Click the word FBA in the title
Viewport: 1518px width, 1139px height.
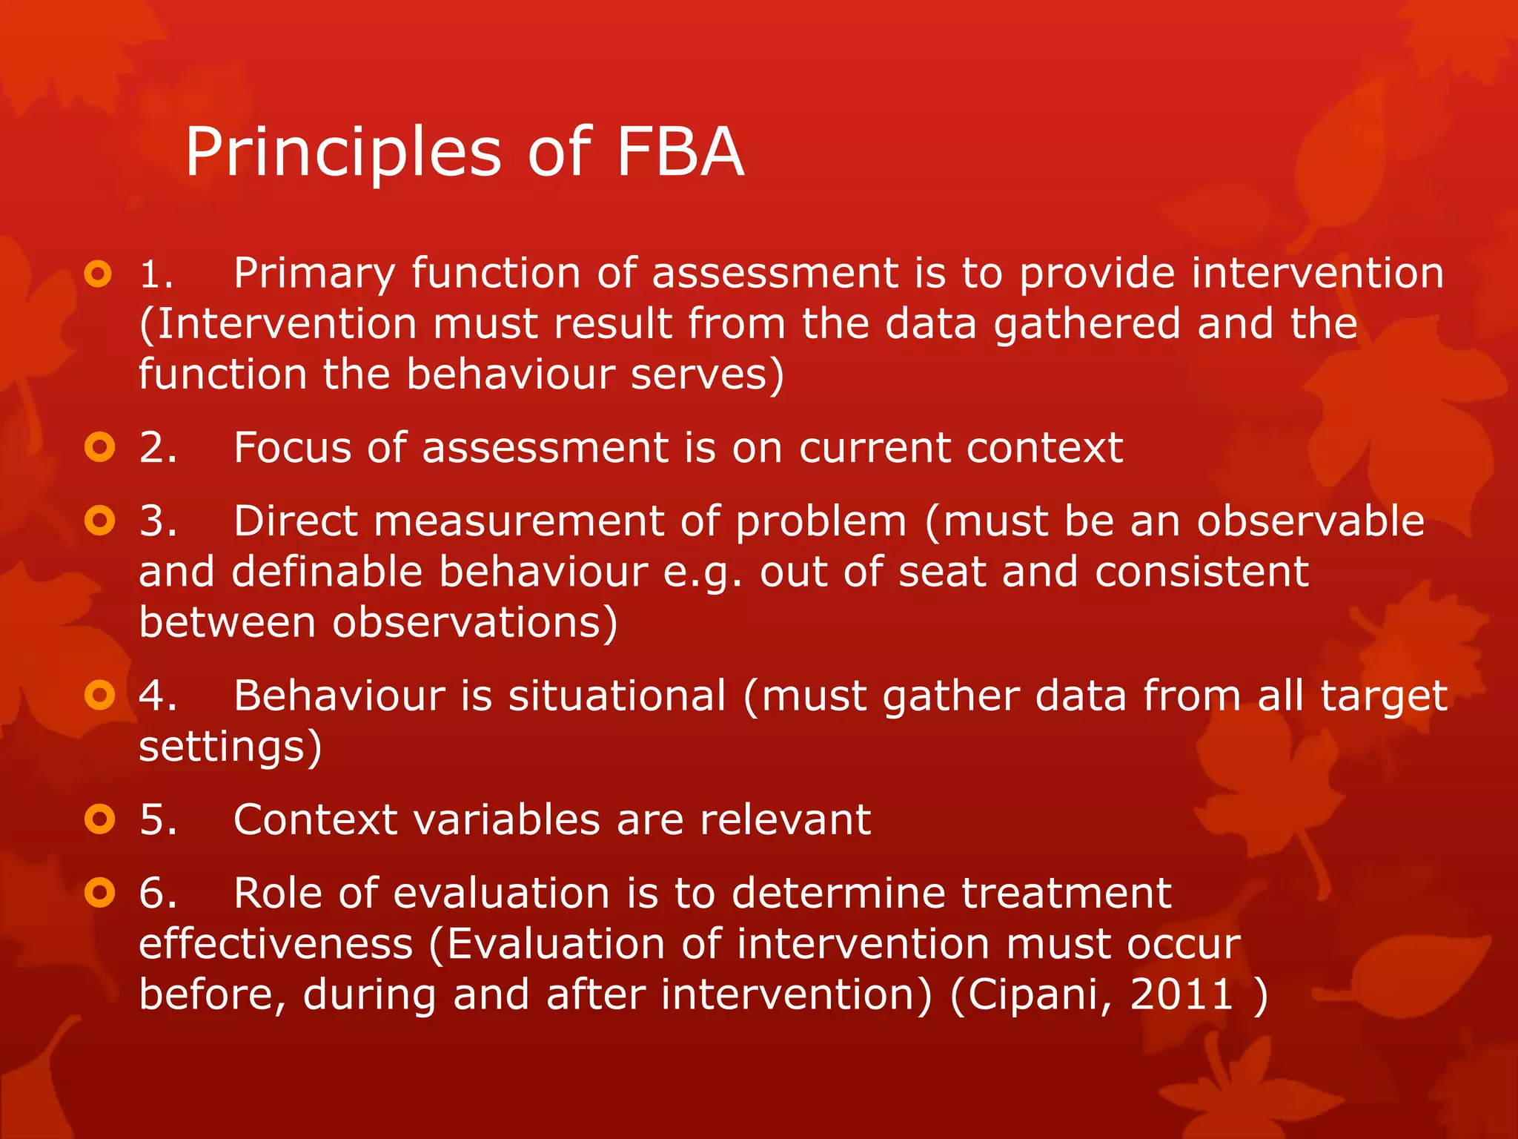679,152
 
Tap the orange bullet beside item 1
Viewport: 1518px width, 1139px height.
99,274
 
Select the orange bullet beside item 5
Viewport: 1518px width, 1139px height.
99,819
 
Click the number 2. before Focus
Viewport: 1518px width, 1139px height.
158,448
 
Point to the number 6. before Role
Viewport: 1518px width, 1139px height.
158,893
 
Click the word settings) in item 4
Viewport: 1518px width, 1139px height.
230,747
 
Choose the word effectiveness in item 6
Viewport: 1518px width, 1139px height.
276,944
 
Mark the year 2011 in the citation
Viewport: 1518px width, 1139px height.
1181,994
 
